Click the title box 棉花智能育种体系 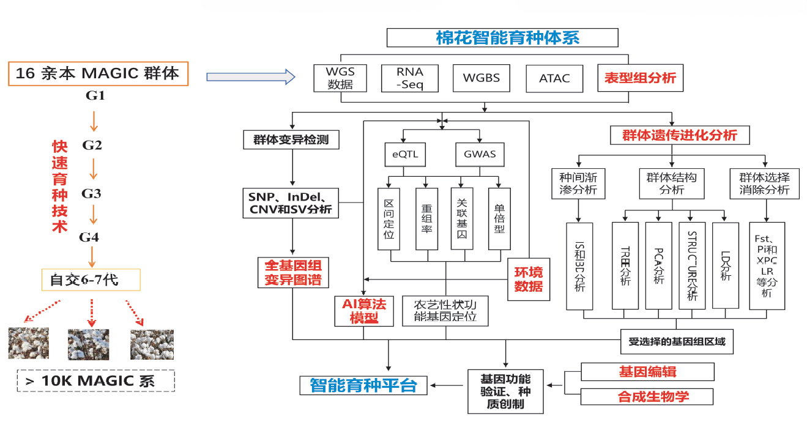click(502, 38)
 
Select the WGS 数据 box click(340, 78)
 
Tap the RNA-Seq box click(409, 78)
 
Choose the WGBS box click(481, 78)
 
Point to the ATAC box click(554, 78)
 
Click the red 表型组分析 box click(640, 78)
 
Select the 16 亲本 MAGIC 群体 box click(98, 73)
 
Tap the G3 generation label click(92, 194)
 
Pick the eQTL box click(405, 155)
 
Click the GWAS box click(480, 155)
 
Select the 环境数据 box click(527, 279)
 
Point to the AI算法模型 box click(363, 311)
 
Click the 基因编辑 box click(647, 371)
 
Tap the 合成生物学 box click(647, 396)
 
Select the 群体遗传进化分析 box click(679, 135)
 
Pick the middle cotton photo click(88, 344)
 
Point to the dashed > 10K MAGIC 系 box click(96, 381)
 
